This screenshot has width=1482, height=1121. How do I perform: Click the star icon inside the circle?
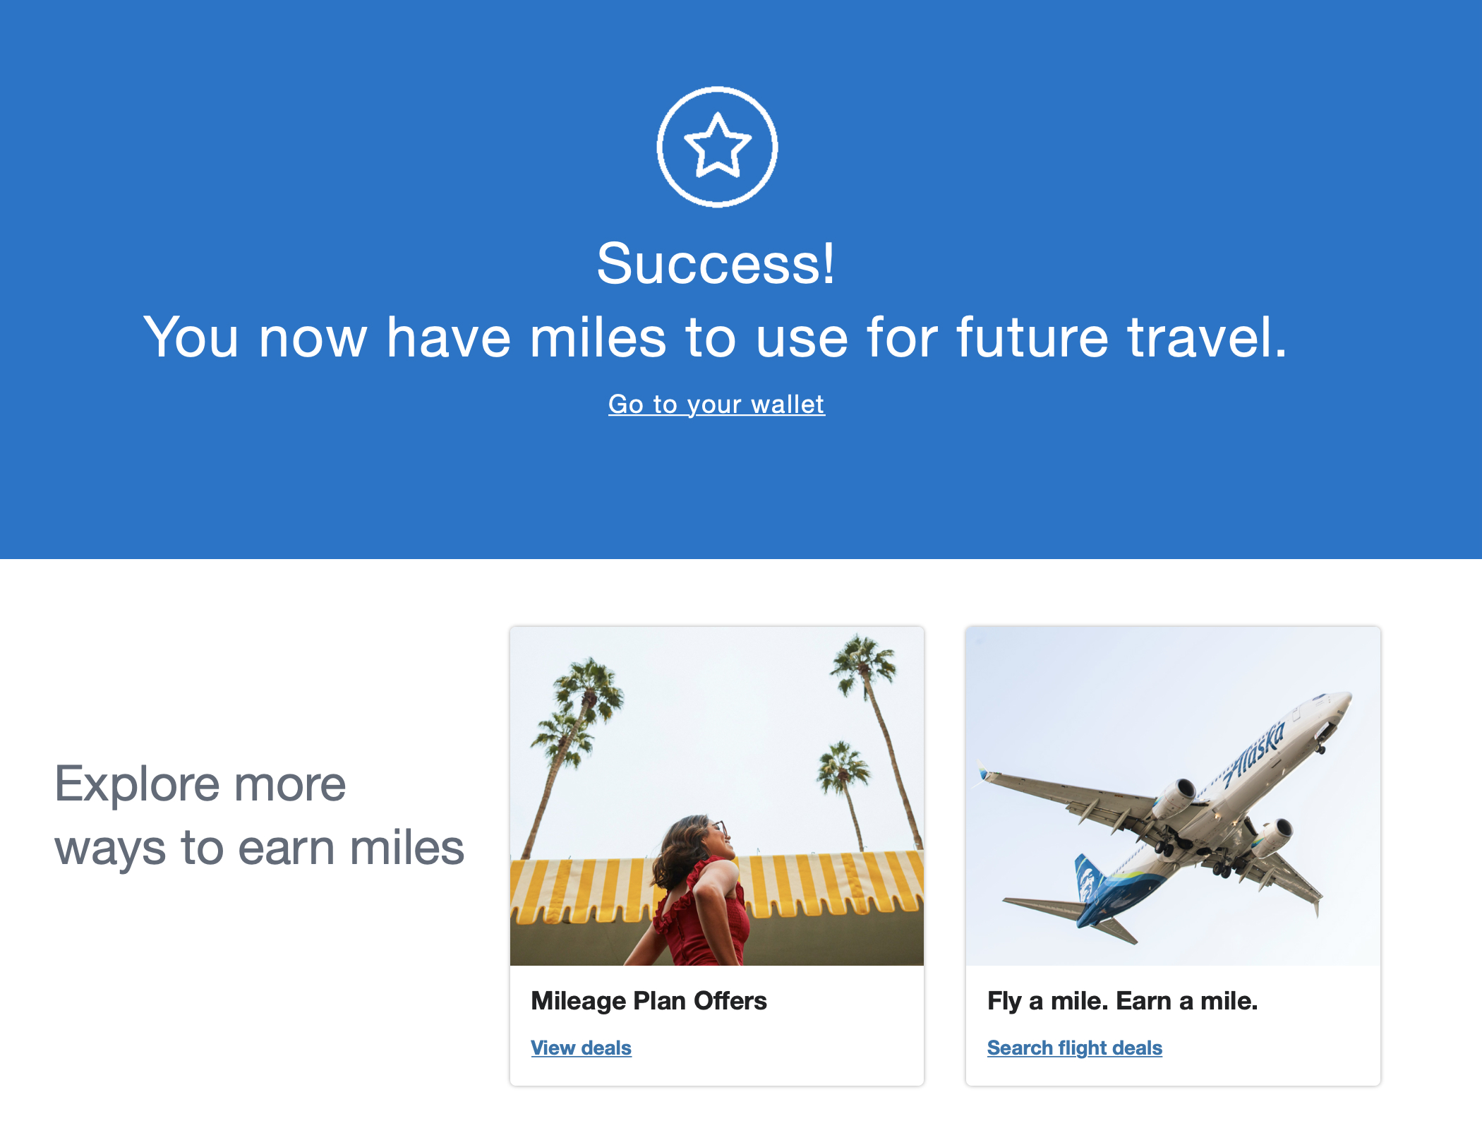tap(717, 145)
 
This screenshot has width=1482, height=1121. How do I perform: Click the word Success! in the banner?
tap(716, 263)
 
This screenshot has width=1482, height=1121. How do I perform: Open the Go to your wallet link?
tap(716, 404)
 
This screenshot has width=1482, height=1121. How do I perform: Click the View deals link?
tap(581, 1048)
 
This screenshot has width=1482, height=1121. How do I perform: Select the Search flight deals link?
tap(1074, 1048)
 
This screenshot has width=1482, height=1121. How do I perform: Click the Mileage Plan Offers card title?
tap(649, 1001)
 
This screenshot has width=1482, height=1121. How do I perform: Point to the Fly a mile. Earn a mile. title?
tap(1122, 1001)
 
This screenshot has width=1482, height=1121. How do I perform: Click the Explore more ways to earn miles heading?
tap(259, 815)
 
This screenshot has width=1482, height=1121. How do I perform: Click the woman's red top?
tap(702, 914)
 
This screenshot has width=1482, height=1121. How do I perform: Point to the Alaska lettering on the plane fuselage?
tap(1254, 753)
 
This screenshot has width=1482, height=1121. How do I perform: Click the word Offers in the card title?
tap(730, 1001)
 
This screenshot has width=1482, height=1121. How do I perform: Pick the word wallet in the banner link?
tap(788, 404)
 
